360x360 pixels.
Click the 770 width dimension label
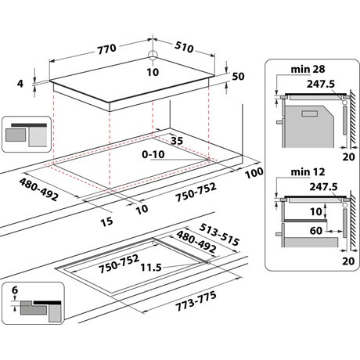[x=106, y=49]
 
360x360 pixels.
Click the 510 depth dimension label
[x=184, y=47]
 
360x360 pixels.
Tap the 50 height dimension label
[x=238, y=77]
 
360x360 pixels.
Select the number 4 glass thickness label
[x=20, y=84]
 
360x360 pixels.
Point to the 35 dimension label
[x=177, y=141]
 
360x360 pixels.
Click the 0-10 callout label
[x=153, y=154]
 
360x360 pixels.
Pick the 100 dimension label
[x=254, y=173]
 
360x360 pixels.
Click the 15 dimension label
[x=106, y=221]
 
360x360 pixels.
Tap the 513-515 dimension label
[x=219, y=235]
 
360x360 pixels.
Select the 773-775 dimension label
[x=196, y=301]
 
